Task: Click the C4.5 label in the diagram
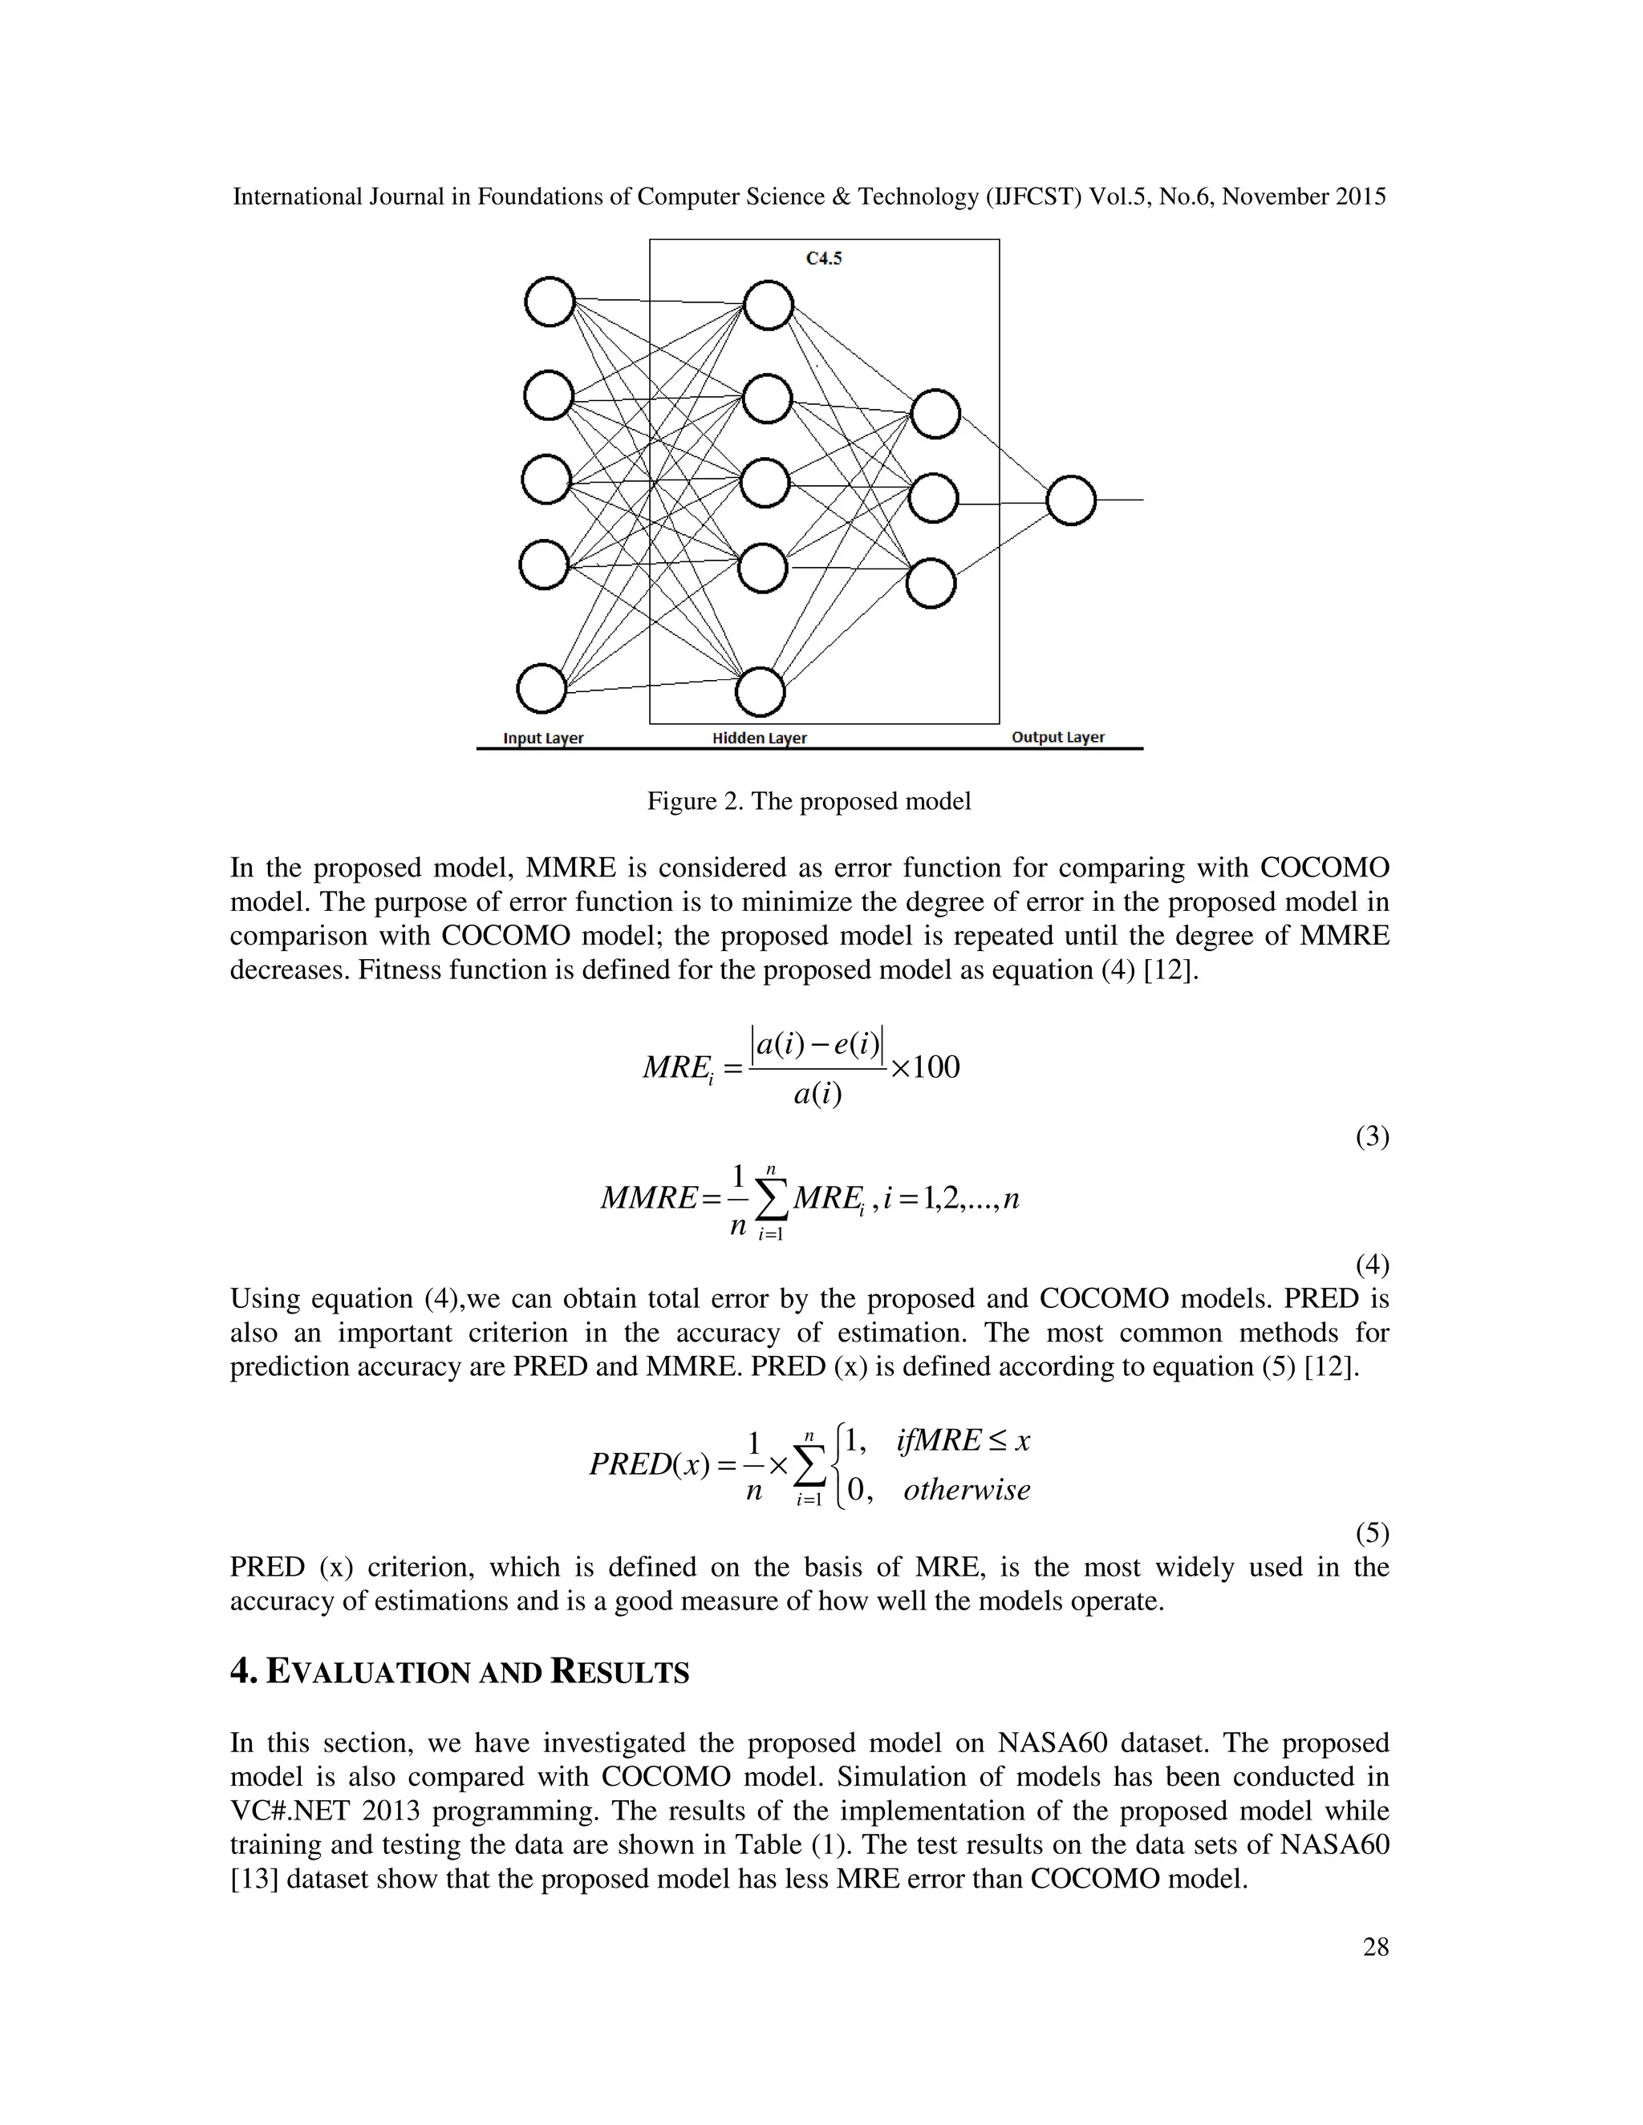pos(823,259)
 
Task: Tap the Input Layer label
pos(543,738)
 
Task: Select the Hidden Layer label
pos(759,738)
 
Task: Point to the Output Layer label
pos(1058,737)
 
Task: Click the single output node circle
pos(1071,501)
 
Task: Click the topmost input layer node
pos(549,302)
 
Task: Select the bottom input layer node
pos(542,689)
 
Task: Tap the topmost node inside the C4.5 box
pos(769,306)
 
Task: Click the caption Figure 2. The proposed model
pos(809,802)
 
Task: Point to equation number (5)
pos(1373,1533)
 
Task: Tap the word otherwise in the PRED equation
pos(967,1490)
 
